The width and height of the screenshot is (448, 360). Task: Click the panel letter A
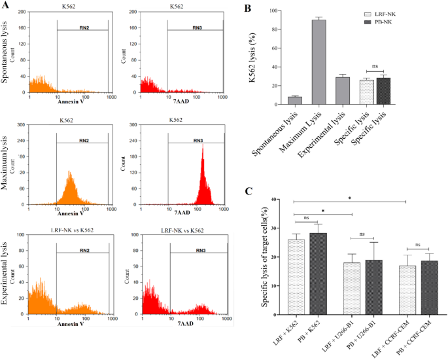point(6,7)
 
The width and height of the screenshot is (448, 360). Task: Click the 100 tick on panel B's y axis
point(279,11)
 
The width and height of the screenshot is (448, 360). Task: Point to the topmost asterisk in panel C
point(351,198)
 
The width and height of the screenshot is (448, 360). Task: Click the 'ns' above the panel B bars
point(375,66)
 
